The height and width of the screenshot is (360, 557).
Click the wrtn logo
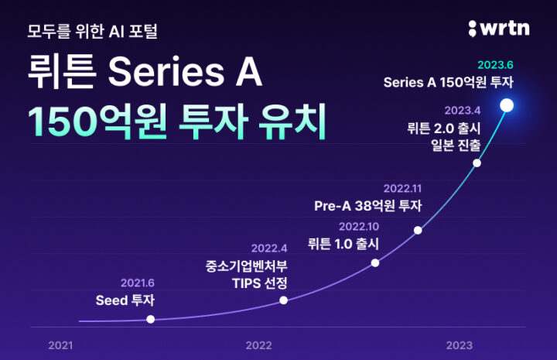pyautogui.click(x=499, y=29)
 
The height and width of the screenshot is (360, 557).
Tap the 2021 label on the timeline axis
pyautogui.click(x=60, y=345)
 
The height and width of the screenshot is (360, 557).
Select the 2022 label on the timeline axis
pyautogui.click(x=258, y=345)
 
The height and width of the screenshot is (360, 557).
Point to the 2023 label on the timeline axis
pyautogui.click(x=460, y=345)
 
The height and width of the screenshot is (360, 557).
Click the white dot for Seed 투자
pyautogui.click(x=151, y=319)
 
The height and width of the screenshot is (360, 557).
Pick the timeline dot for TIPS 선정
pyautogui.click(x=283, y=300)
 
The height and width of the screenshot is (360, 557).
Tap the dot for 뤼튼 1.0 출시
pyautogui.click(x=375, y=263)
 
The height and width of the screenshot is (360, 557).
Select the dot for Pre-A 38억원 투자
pyautogui.click(x=418, y=230)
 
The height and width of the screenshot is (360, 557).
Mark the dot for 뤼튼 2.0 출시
pyautogui.click(x=477, y=163)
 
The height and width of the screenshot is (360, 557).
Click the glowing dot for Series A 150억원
pyautogui.click(x=507, y=105)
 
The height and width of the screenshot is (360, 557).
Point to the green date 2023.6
pyautogui.click(x=495, y=65)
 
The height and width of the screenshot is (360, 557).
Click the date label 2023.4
pyautogui.click(x=463, y=111)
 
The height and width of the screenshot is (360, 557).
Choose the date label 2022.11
pyautogui.click(x=402, y=188)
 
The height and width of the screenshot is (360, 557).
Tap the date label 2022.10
pyautogui.click(x=359, y=226)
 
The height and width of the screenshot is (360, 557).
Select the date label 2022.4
pyautogui.click(x=269, y=248)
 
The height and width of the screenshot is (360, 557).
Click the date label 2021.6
pyautogui.click(x=138, y=283)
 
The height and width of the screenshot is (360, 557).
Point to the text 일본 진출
pyautogui.click(x=456, y=145)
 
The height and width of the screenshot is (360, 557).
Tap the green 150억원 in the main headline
pyautogui.click(x=97, y=122)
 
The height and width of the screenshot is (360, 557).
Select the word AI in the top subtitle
pyautogui.click(x=116, y=32)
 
